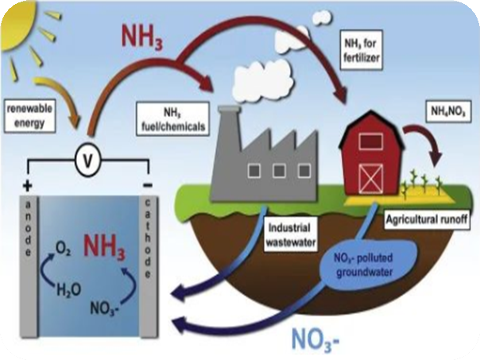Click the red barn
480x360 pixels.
[374, 159]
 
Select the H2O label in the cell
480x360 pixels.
[69, 291]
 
